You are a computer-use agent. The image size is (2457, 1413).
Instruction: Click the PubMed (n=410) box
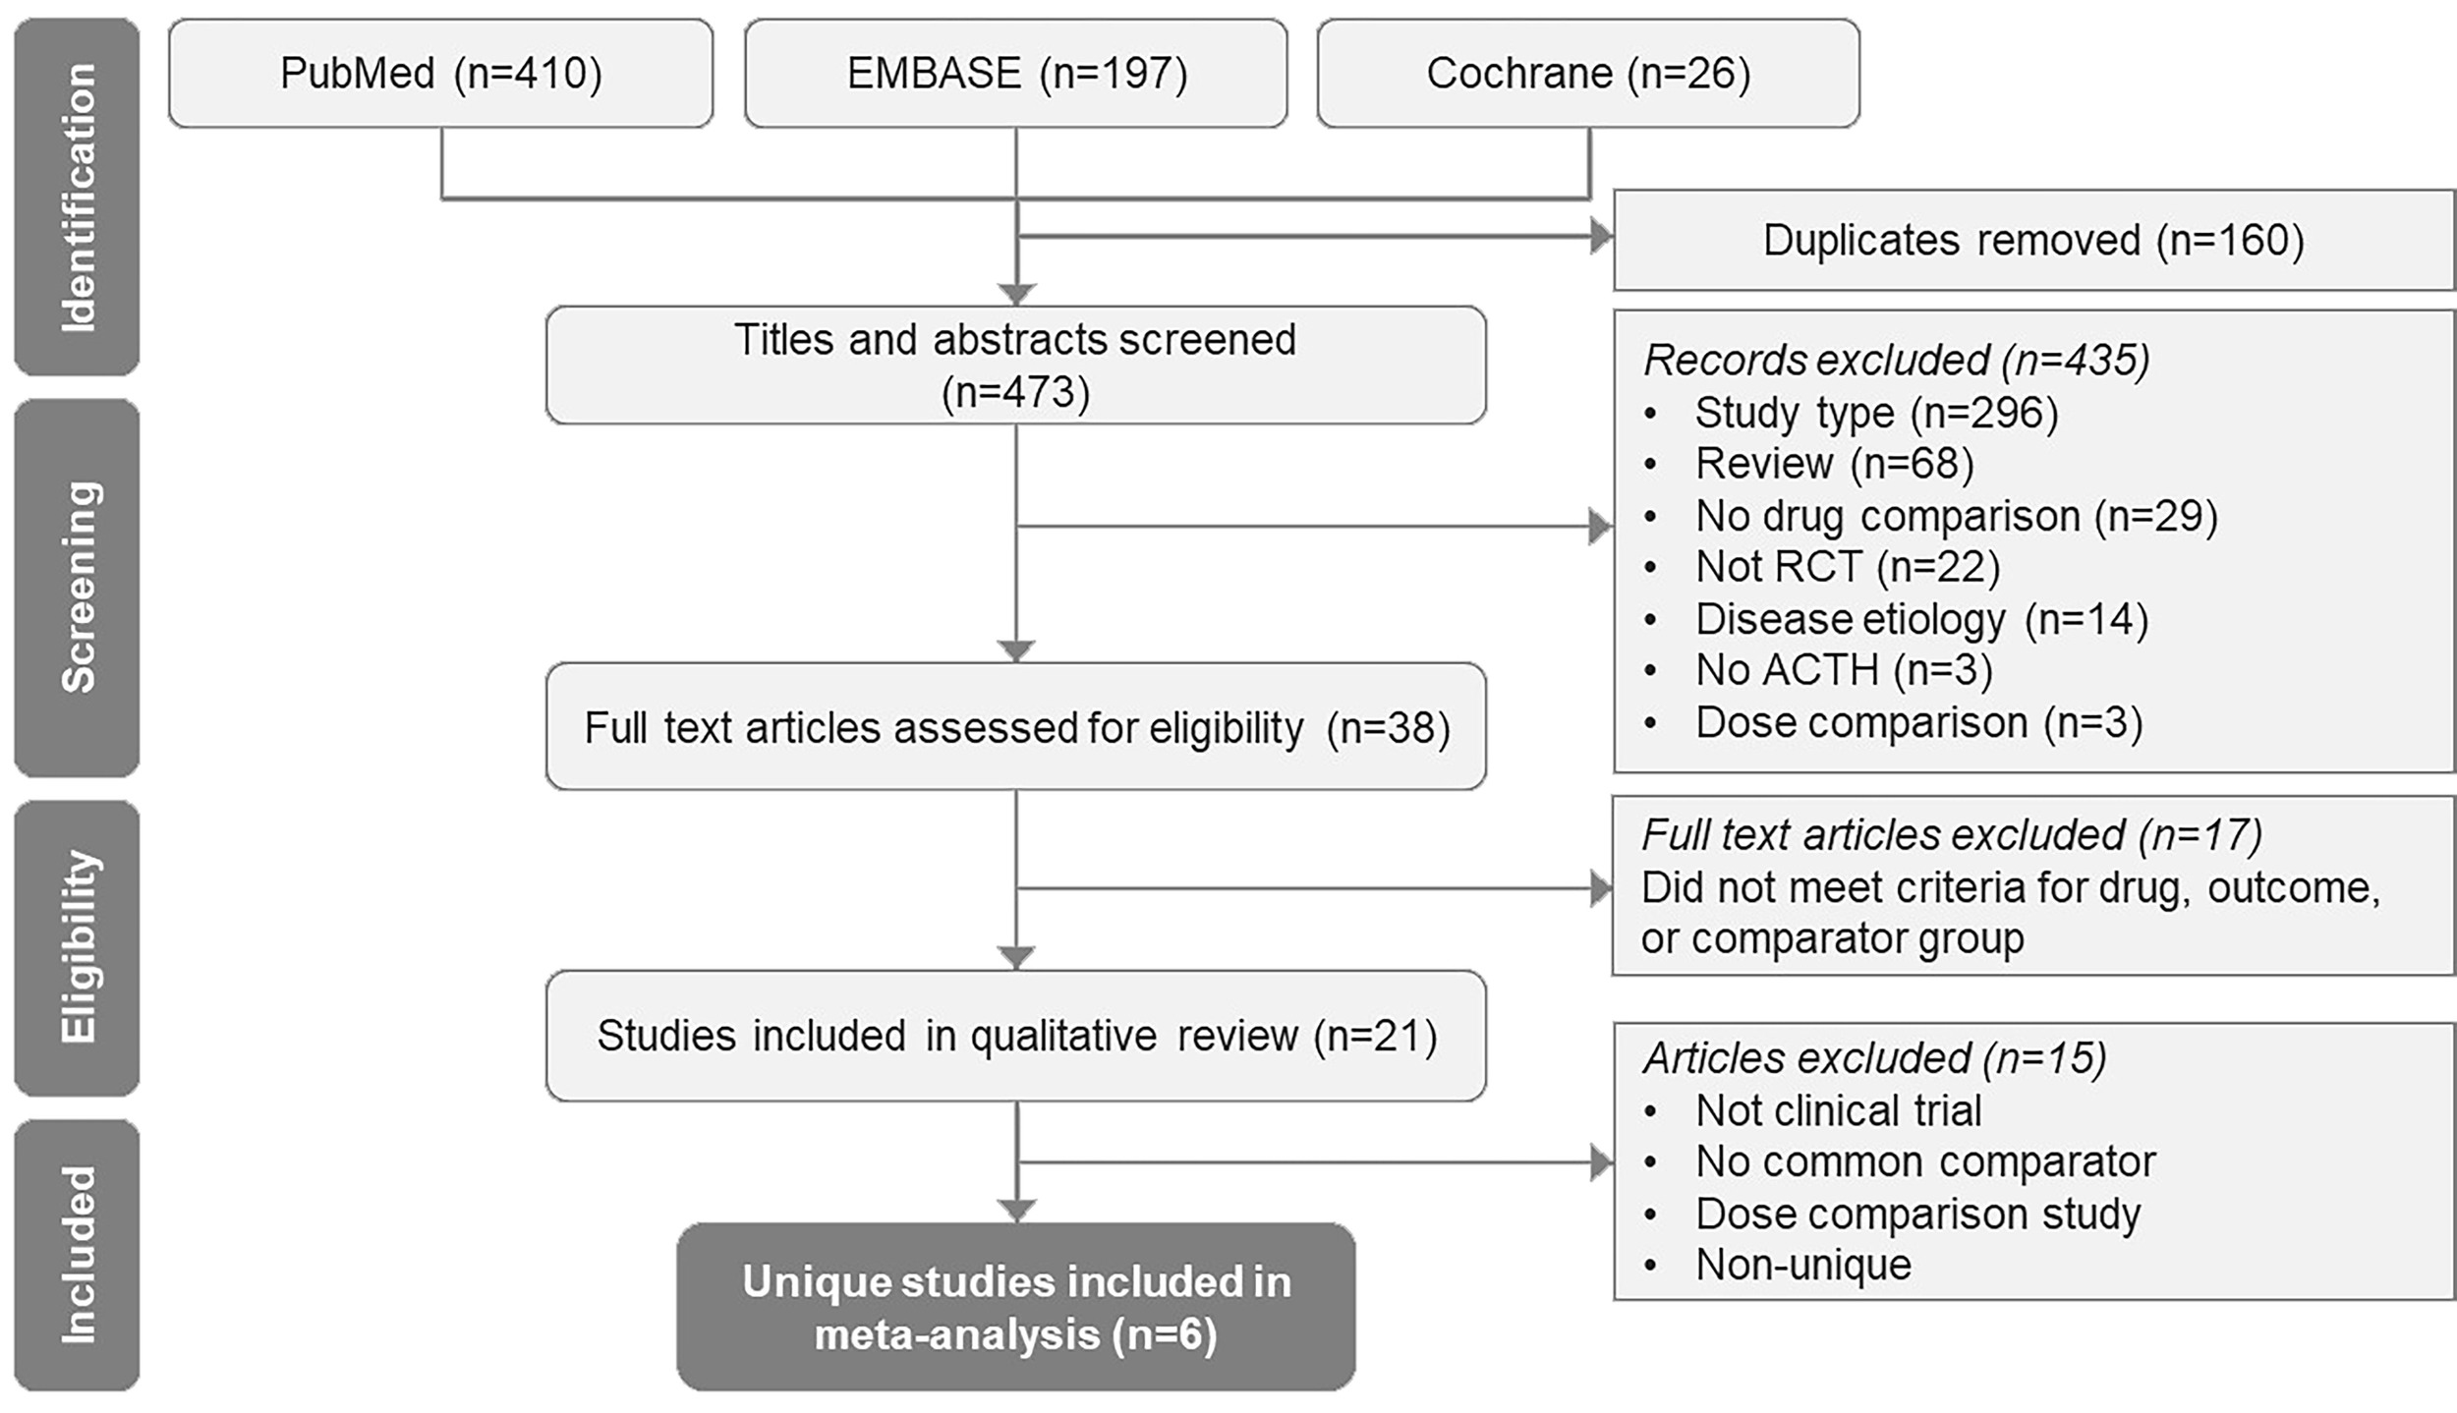coord(440,74)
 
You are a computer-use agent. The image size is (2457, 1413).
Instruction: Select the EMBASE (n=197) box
coord(1015,74)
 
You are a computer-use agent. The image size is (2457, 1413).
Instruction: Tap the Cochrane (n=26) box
coord(1587,74)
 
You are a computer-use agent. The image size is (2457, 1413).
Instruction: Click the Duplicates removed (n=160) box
coord(2032,241)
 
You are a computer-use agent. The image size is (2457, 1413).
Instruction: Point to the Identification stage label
coord(77,197)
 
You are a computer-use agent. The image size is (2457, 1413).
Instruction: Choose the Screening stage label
coord(77,587)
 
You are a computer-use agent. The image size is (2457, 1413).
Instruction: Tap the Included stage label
coord(77,1254)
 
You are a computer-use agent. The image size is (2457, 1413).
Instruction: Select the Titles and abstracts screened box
coord(1015,366)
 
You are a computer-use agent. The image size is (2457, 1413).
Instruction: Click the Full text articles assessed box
coord(1015,727)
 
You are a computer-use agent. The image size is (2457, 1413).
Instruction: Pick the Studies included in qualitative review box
coord(1015,1036)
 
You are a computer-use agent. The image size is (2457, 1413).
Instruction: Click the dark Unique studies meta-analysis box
coord(1015,1307)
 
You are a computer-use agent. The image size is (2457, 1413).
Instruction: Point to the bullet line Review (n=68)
coord(1833,464)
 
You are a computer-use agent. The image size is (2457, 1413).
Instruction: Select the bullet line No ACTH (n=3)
coord(1843,670)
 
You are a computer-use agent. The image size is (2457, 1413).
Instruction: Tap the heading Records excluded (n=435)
coord(1895,361)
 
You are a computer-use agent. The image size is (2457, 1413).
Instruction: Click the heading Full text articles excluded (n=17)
coord(1951,835)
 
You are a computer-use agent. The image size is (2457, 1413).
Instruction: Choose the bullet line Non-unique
coord(1802,1265)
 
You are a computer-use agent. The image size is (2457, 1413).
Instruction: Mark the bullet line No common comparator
coord(1924,1162)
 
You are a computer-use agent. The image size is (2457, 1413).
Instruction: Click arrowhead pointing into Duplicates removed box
coord(1601,237)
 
